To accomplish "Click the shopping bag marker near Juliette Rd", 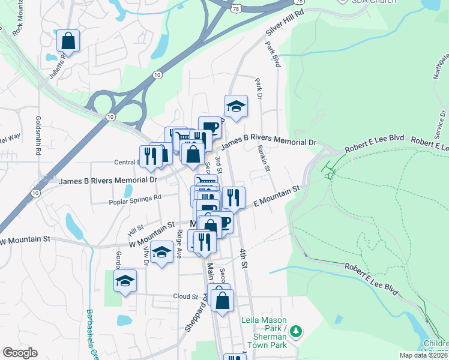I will pyautogui.click(x=68, y=41).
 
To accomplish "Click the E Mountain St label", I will pyautogui.click(x=276, y=197).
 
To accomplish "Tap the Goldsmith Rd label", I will pyautogui.click(x=38, y=136).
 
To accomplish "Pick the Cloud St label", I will pyautogui.click(x=185, y=296).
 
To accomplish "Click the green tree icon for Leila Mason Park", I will pyautogui.click(x=296, y=331).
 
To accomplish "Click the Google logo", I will pyautogui.click(x=20, y=353).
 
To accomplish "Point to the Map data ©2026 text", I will pyautogui.click(x=423, y=355).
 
